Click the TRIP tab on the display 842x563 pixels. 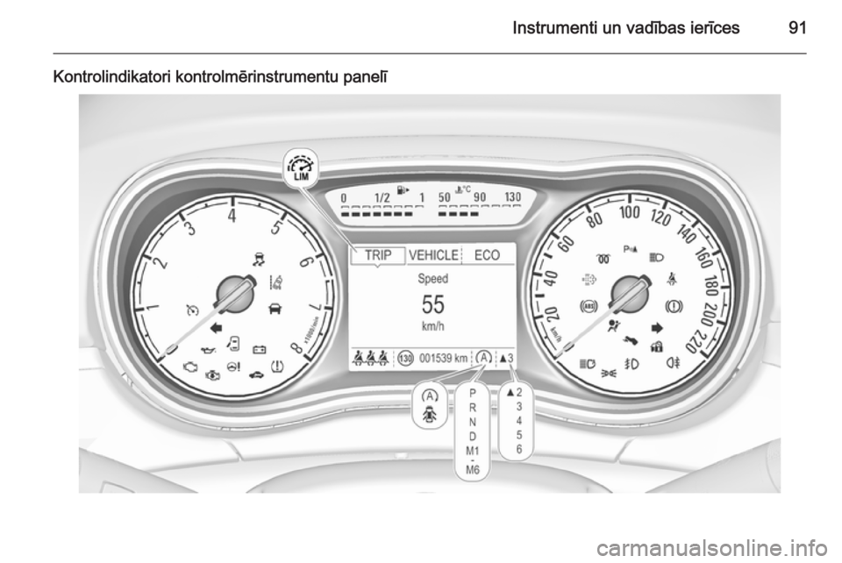pos(379,255)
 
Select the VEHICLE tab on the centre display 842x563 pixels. pos(433,255)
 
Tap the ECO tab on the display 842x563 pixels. pos(487,255)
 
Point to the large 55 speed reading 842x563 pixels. pos(432,304)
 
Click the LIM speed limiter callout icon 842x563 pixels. pos(302,167)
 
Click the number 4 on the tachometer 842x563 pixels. pos(231,215)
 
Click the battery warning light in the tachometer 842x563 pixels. pos(260,348)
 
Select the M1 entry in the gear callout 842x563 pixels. pos(473,450)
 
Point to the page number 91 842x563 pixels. pos(797,27)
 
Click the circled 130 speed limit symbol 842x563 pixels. pos(405,358)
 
